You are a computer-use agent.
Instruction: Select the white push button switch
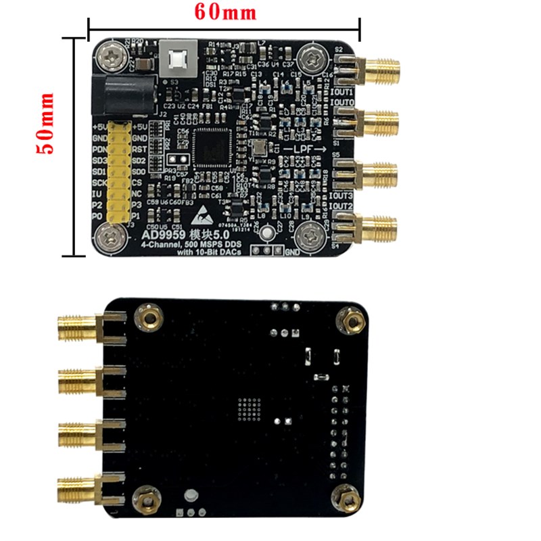[x=178, y=59]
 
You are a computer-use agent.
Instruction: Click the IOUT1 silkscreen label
[x=343, y=91]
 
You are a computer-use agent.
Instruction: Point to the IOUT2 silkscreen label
[x=342, y=206]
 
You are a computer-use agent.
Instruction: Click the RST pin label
[x=140, y=149]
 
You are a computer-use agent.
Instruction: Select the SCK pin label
[x=99, y=183]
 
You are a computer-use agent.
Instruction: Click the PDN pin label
[x=99, y=149]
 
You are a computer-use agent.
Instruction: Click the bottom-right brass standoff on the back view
[x=347, y=500]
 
